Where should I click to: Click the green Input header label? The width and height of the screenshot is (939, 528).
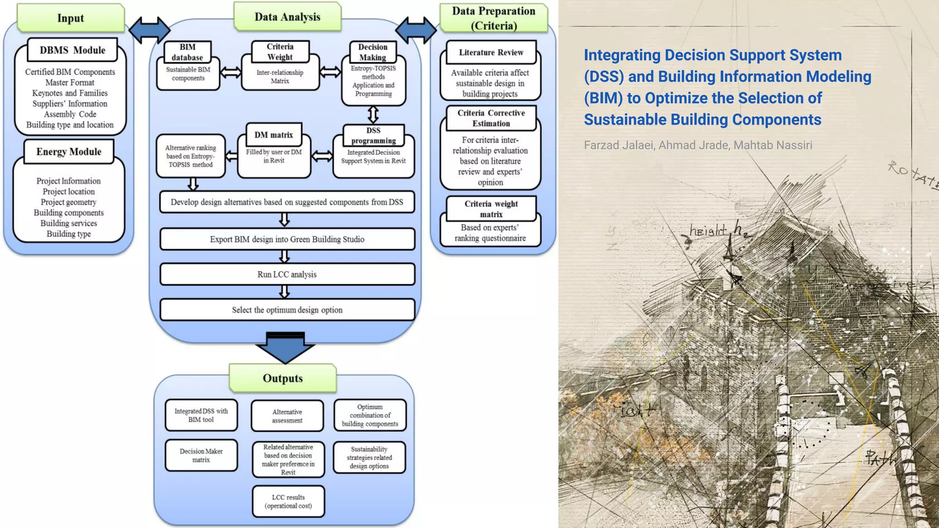point(71,18)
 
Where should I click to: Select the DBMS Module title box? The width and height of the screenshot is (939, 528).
point(72,50)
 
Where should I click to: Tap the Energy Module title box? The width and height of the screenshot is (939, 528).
point(69,152)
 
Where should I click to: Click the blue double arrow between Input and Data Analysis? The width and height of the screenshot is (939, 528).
point(149,30)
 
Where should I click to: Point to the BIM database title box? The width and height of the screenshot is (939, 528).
point(188,52)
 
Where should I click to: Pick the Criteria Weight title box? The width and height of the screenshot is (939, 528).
point(280,52)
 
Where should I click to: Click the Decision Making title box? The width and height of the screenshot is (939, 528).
point(373,52)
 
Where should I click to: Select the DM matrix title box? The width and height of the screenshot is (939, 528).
point(274,135)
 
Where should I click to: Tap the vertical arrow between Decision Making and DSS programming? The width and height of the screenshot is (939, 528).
point(373,115)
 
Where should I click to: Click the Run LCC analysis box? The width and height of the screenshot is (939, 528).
point(287,274)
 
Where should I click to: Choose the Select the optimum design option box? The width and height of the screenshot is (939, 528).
point(287,310)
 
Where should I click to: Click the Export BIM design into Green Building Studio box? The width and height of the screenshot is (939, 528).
point(287,239)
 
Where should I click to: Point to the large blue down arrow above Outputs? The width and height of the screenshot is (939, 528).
point(285,348)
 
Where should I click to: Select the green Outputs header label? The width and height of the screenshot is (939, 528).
point(283,378)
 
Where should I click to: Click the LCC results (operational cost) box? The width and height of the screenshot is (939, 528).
point(288,501)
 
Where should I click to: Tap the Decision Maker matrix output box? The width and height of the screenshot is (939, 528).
point(201,455)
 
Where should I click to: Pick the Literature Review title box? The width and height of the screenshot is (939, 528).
point(491,52)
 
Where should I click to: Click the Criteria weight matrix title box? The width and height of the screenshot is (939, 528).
point(491,209)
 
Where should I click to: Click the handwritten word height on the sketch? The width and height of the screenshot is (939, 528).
point(708,230)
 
